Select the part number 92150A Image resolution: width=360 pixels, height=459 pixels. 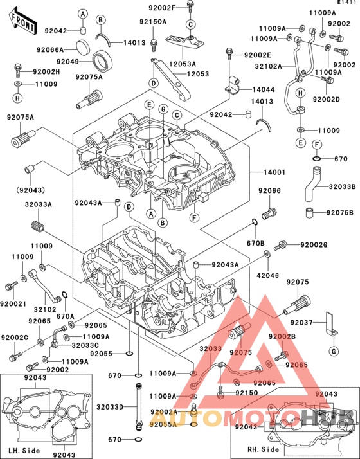(x=153, y=22)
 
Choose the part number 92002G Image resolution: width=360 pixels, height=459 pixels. (x=314, y=245)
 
